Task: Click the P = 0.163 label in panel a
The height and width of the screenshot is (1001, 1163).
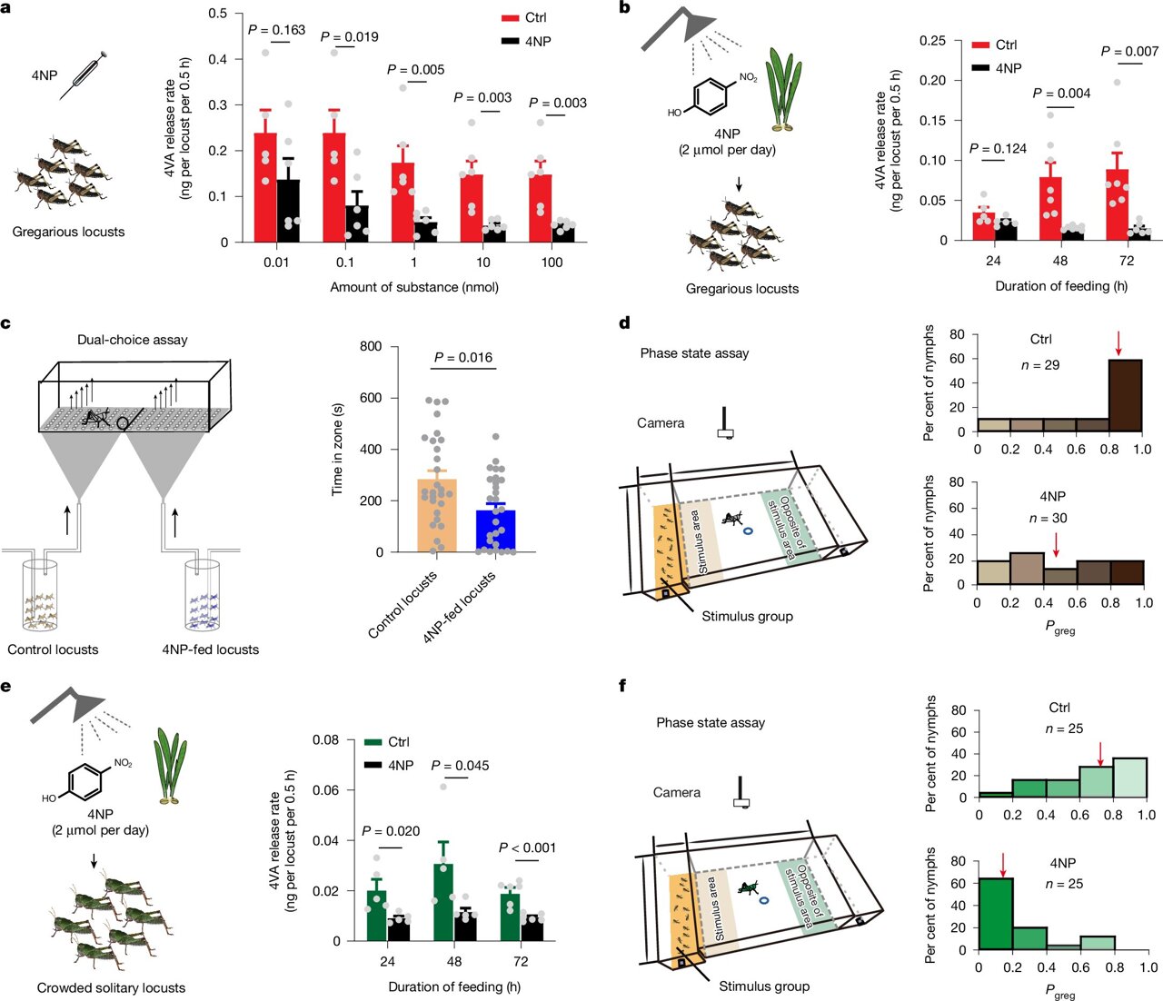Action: coord(278,30)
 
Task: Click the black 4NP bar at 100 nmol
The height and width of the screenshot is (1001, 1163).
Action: coord(563,233)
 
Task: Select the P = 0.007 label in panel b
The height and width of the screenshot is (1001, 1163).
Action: coord(1129,51)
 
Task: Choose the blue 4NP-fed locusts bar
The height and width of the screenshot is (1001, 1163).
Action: coord(495,531)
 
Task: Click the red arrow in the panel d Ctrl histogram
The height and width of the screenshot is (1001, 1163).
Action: coord(1118,343)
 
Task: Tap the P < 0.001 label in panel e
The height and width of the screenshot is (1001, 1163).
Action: coord(527,847)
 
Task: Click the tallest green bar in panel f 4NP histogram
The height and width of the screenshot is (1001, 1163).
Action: coord(995,914)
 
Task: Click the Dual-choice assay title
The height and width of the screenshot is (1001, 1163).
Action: coord(133,340)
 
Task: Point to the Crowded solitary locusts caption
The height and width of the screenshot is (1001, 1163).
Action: coord(111,987)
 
